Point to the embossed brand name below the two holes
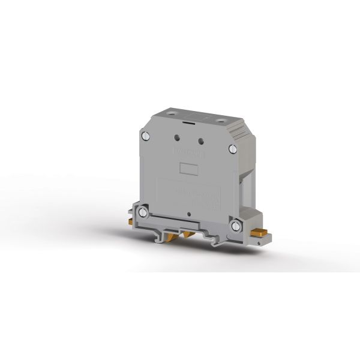click(188, 152)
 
